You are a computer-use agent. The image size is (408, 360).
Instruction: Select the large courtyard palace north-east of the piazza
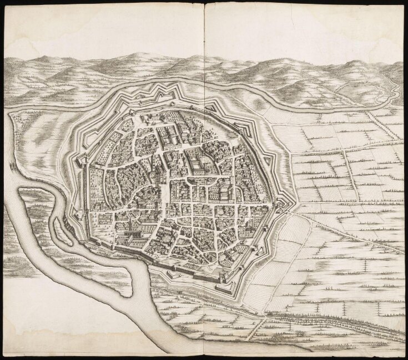pos(197,163)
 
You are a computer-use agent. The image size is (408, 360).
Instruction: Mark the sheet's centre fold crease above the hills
pos(204,28)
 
